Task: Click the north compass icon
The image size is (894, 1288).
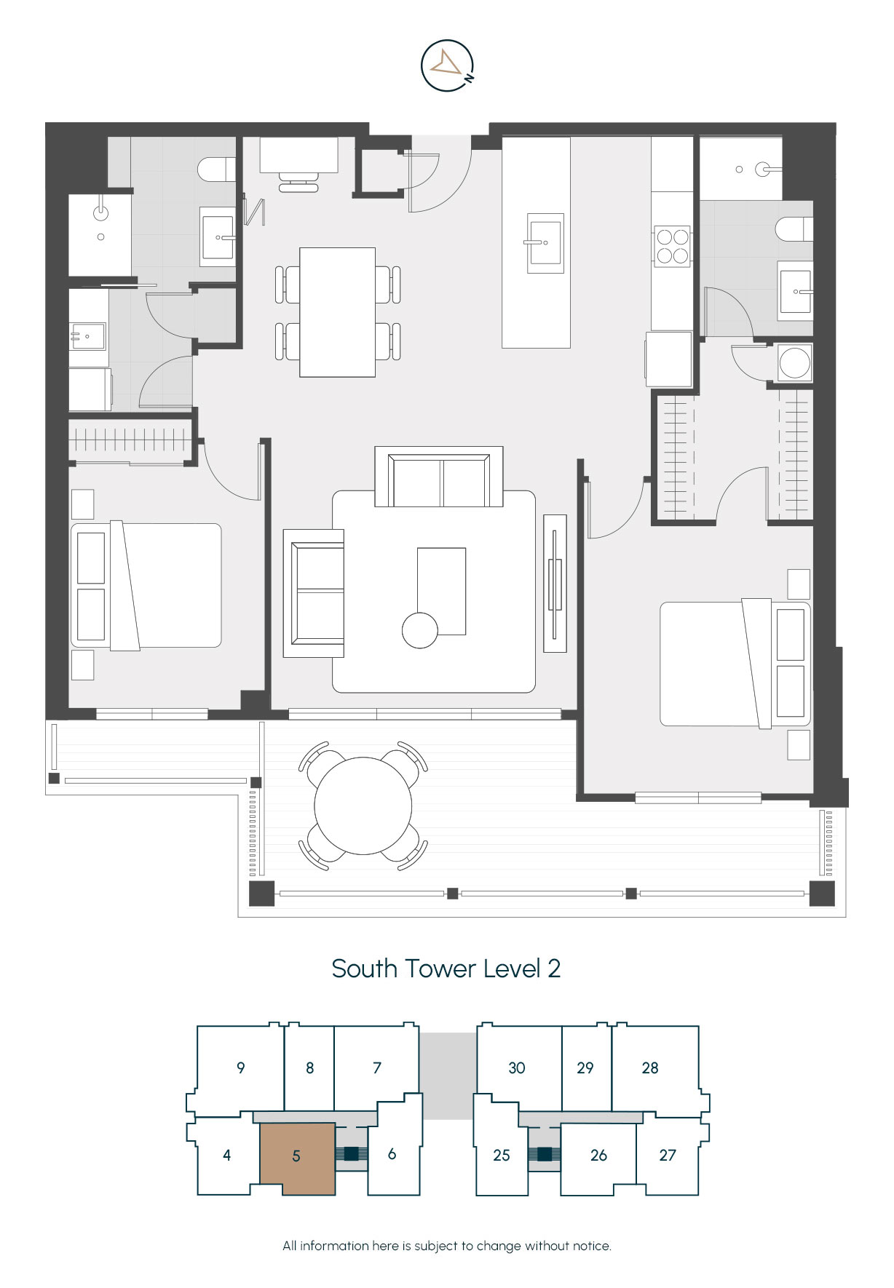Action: tap(448, 65)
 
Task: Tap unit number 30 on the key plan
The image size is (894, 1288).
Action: tap(517, 1068)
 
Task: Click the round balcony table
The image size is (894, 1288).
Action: tap(363, 806)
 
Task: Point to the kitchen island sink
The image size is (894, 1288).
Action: tap(545, 242)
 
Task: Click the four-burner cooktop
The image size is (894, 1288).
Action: tap(672, 246)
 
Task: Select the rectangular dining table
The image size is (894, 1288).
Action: tap(338, 312)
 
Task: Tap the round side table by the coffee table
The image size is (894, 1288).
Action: tap(420, 630)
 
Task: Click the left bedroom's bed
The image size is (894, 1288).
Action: tap(146, 586)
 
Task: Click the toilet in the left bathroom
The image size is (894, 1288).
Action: tap(217, 170)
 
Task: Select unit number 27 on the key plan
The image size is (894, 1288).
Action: tap(668, 1155)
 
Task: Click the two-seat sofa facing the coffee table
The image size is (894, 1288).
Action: tap(439, 477)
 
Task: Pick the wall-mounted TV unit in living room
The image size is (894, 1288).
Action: tap(555, 583)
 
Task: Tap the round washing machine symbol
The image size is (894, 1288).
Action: tap(794, 362)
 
